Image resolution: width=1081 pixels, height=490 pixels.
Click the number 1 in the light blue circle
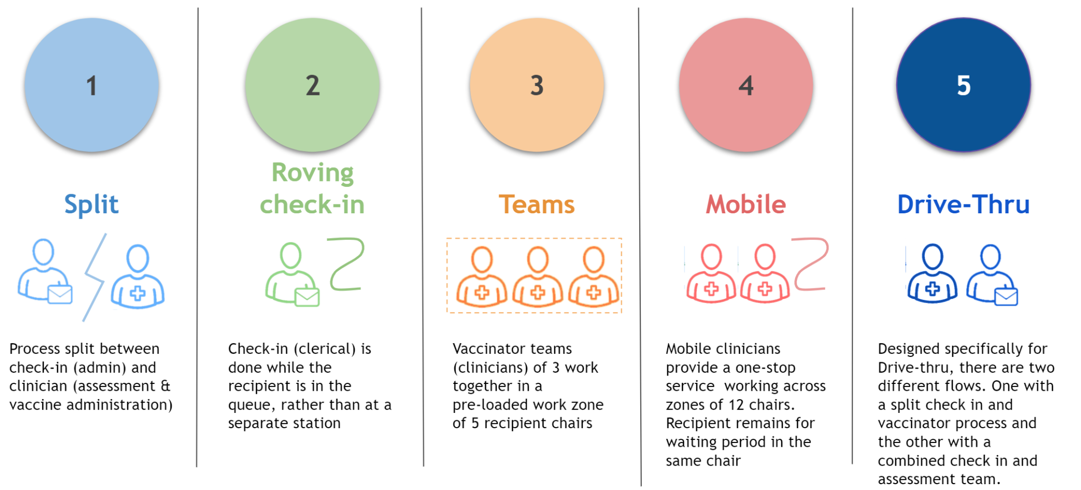click(92, 86)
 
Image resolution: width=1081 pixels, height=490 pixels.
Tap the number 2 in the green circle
click(312, 86)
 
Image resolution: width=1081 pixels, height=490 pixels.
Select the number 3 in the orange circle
click(537, 86)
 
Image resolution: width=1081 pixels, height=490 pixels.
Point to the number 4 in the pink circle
click(746, 86)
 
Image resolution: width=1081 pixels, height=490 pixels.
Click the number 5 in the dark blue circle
click(964, 86)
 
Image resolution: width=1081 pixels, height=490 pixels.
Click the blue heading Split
click(91, 204)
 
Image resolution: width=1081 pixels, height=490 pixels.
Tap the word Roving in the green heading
click(312, 173)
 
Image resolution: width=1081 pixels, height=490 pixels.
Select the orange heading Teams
click(536, 204)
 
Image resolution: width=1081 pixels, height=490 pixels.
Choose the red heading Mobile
click(746, 204)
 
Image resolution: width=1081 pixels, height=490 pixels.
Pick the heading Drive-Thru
click(963, 204)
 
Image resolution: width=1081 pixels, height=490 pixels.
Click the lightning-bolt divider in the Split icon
click(94, 277)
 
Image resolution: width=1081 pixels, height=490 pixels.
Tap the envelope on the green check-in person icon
click(307, 297)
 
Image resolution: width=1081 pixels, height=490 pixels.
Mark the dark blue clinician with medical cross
click(932, 273)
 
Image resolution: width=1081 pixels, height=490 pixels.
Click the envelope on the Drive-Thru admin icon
click(1006, 296)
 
